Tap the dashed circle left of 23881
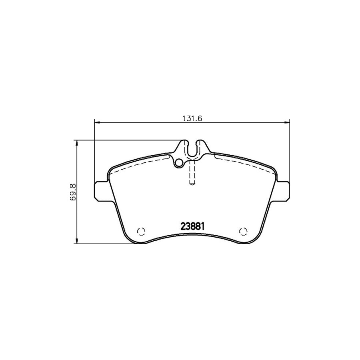[x=140, y=231]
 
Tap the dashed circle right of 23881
[x=243, y=231]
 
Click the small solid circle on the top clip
[x=179, y=162]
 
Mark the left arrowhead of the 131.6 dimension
[x=96, y=123]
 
